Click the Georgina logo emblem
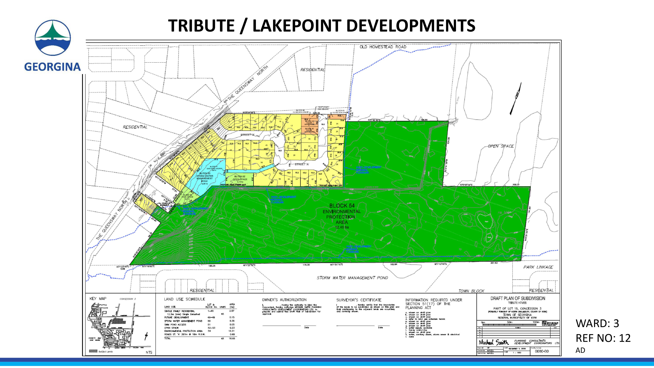coord(53,38)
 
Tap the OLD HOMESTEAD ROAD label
coord(383,47)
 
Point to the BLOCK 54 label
coord(342,206)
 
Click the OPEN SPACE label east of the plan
coord(501,146)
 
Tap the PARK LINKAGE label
coord(538,267)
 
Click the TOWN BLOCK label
coord(471,291)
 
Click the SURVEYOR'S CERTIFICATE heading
coord(359,300)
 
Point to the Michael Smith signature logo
coord(494,343)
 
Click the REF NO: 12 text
coord(603,338)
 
